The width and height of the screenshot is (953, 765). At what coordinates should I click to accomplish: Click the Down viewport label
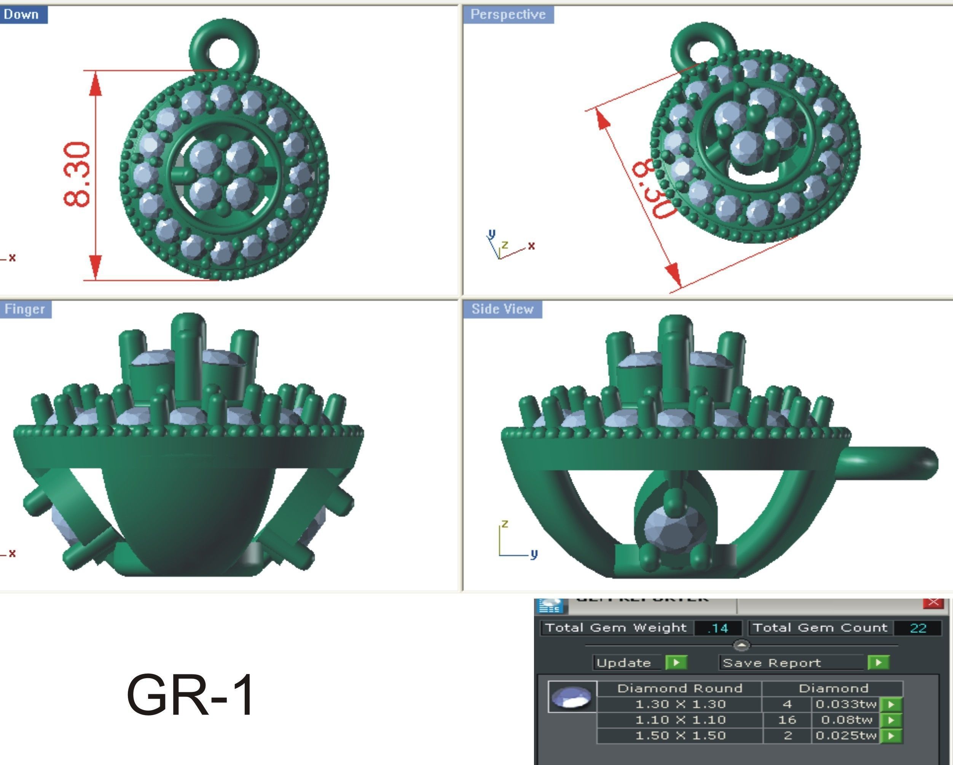pyautogui.click(x=21, y=14)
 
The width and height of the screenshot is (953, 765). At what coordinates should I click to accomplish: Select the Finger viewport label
pyautogui.click(x=25, y=309)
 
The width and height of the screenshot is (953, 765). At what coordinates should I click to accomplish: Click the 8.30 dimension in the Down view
pyautogui.click(x=77, y=174)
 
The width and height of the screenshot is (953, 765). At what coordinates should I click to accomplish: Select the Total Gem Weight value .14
pyautogui.click(x=718, y=628)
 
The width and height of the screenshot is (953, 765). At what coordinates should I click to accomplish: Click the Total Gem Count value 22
pyautogui.click(x=918, y=628)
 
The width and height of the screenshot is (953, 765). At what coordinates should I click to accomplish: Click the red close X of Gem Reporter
pyautogui.click(x=933, y=602)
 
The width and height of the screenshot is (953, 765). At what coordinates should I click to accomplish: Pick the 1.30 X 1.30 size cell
pyautogui.click(x=680, y=704)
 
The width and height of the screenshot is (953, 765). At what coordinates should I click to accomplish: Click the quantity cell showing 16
pyautogui.click(x=787, y=720)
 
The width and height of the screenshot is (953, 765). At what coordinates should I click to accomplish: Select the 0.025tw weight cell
pyautogui.click(x=846, y=735)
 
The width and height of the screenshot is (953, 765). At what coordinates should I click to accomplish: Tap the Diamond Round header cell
pyautogui.click(x=679, y=688)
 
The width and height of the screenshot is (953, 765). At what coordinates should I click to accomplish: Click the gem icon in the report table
pyautogui.click(x=572, y=697)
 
